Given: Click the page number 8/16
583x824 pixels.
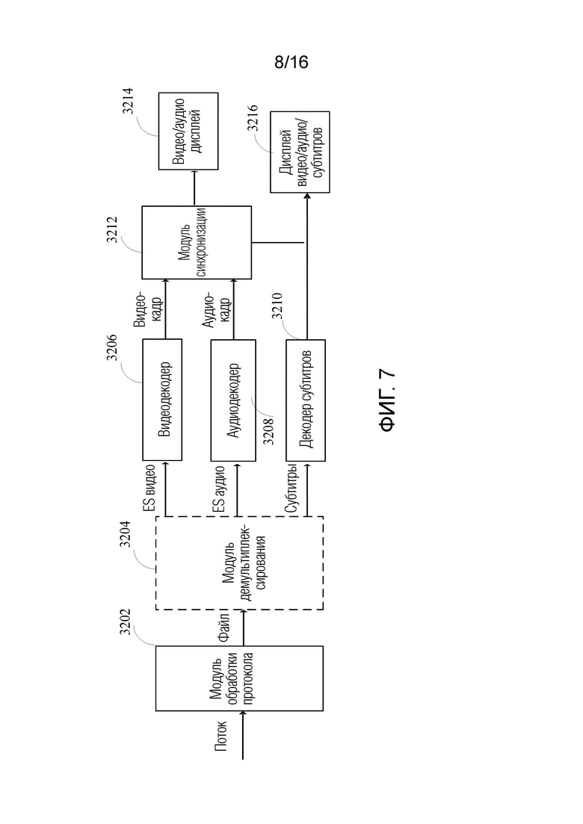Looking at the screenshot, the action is click(291, 63).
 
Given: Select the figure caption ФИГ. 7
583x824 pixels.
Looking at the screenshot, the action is click(387, 401).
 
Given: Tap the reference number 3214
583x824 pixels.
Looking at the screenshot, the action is click(128, 101).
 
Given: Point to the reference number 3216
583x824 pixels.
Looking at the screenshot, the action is click(253, 118).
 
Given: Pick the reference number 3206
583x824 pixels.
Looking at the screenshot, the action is click(112, 347).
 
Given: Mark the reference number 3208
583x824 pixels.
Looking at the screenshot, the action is click(268, 431).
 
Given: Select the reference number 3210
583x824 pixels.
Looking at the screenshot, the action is click(277, 306).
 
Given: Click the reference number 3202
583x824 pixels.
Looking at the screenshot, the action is click(125, 621).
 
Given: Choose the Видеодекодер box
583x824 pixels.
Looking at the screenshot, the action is click(162, 400).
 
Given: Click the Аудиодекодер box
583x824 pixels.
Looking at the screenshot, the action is click(233, 400).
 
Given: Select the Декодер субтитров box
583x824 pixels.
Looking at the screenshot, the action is click(306, 400).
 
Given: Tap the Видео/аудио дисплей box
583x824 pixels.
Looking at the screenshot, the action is click(188, 131).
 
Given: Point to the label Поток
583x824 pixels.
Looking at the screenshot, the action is click(221, 736).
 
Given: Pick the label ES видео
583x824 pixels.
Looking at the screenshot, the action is click(149, 489).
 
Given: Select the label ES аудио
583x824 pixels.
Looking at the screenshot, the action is click(220, 489).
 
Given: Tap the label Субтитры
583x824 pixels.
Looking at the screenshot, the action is click(291, 489).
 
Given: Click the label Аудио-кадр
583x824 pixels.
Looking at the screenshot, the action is click(216, 309).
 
